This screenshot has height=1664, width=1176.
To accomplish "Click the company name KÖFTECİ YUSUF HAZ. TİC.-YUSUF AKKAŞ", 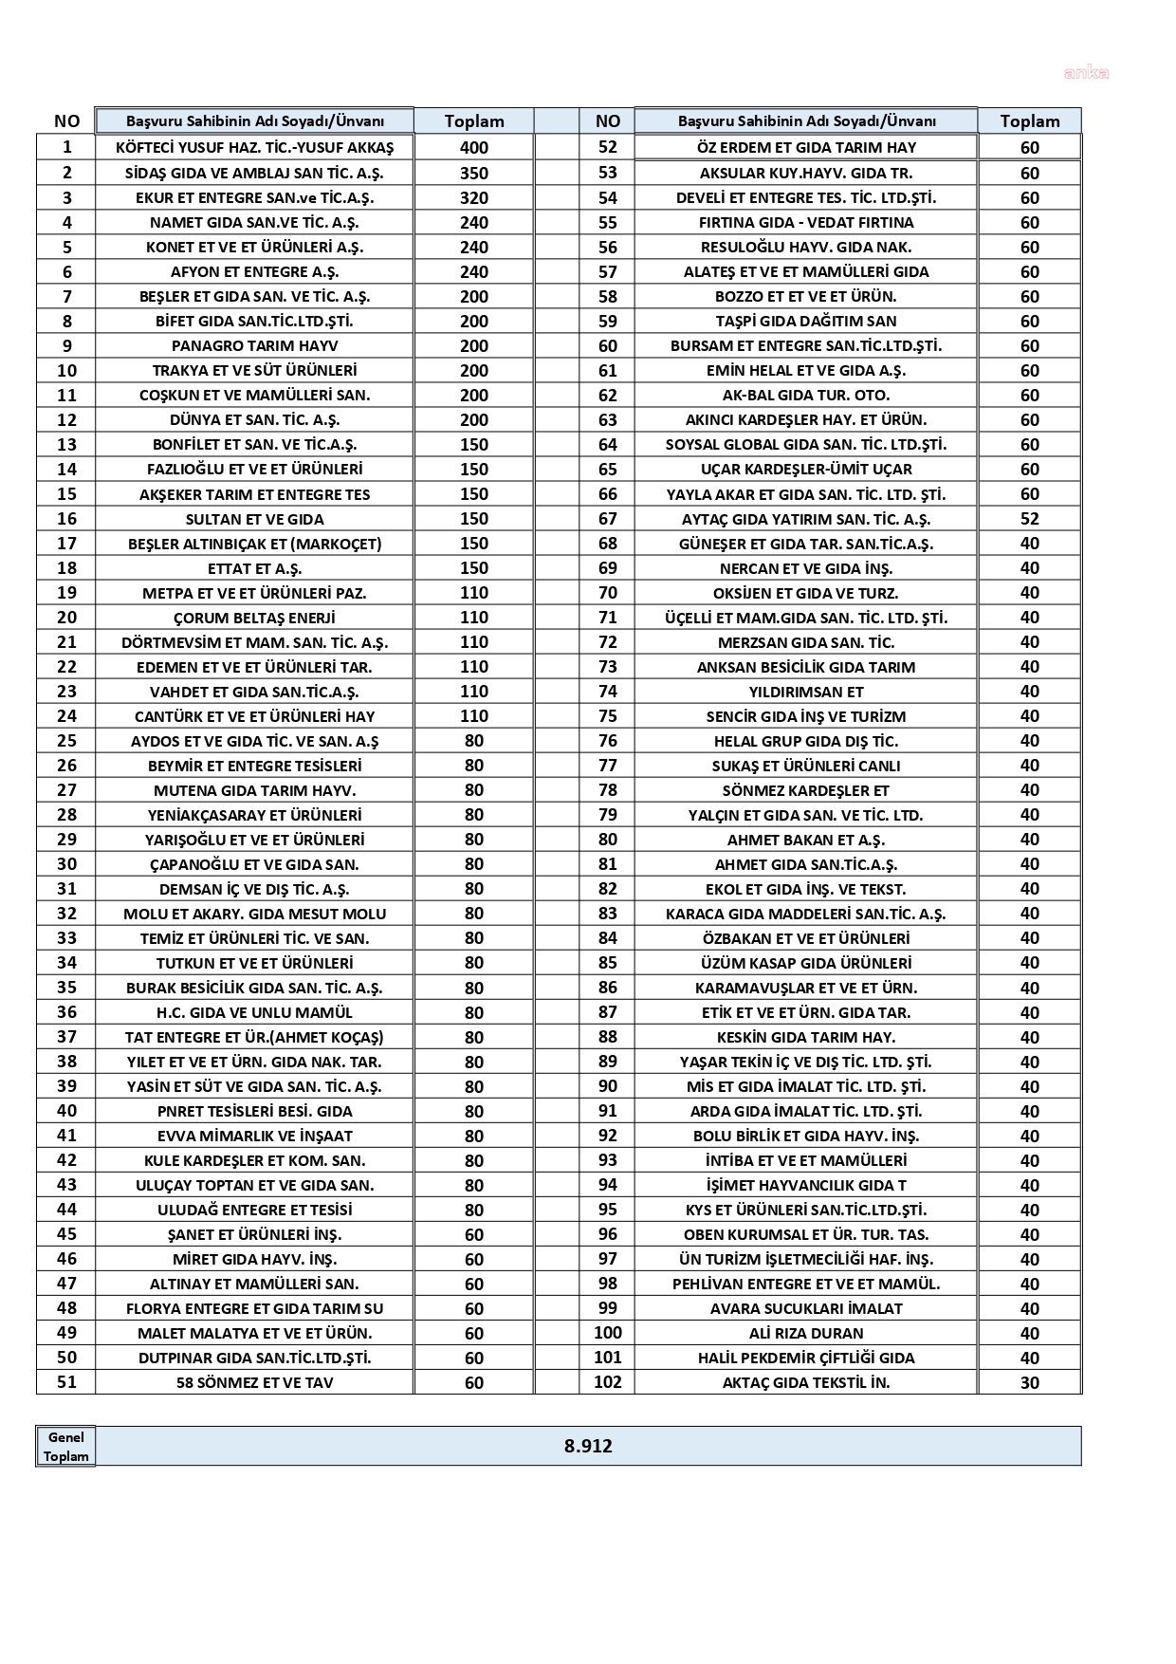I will [254, 147].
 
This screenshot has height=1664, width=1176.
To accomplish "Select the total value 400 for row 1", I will [474, 147].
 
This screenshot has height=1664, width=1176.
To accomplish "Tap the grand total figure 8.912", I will [588, 1446].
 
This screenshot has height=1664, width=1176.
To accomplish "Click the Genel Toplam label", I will [66, 1447].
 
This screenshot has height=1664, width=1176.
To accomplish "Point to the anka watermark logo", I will [1087, 73].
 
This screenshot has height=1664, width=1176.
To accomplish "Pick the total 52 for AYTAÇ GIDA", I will [1030, 519].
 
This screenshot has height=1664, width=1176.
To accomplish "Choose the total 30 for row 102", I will [1030, 1382].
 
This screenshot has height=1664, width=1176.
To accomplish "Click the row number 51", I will [66, 1382].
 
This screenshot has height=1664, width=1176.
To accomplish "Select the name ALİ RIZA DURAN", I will [806, 1333].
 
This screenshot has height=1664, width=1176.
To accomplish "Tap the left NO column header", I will [66, 120].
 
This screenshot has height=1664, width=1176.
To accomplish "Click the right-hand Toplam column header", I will [1030, 120].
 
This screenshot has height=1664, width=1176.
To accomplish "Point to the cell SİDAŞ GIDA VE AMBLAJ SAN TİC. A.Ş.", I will [254, 173].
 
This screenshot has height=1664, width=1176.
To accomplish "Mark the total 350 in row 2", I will [474, 173].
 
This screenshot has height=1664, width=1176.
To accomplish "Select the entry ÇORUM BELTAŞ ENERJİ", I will [254, 618].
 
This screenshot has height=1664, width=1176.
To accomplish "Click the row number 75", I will [608, 716].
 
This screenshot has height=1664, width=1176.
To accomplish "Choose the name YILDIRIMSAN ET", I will [806, 692].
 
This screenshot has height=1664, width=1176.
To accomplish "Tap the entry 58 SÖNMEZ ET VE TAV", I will [254, 1382].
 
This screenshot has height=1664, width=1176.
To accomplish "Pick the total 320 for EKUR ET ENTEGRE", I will [474, 197].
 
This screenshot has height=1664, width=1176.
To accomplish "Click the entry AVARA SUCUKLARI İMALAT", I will [806, 1308].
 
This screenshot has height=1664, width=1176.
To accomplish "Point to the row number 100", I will [608, 1333].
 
